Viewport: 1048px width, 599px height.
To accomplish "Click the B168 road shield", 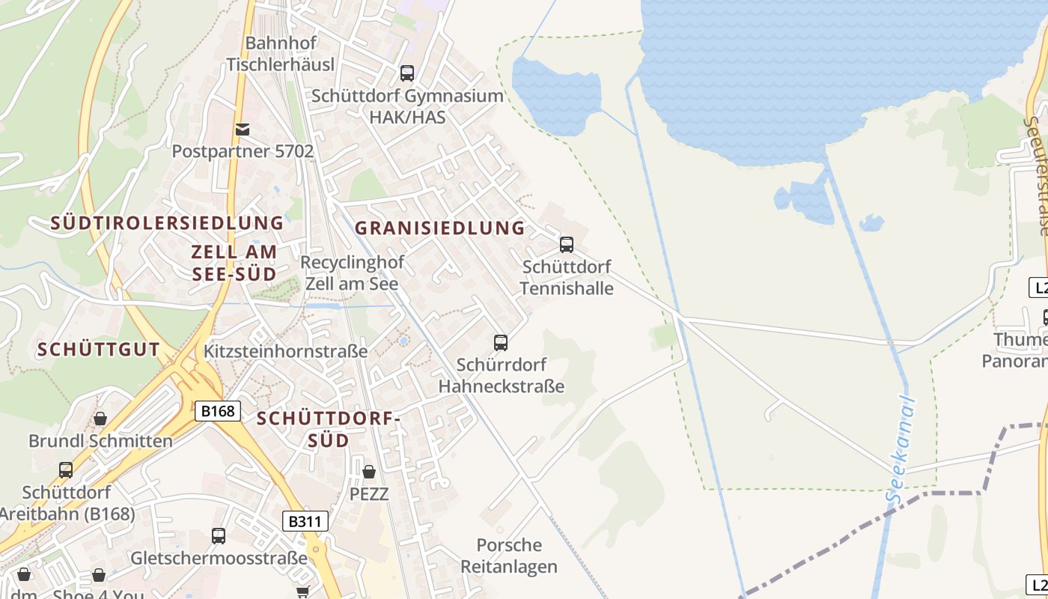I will [218, 410].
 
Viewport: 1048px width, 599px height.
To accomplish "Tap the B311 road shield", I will [305, 521].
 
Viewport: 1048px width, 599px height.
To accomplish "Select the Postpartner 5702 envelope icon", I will [243, 130].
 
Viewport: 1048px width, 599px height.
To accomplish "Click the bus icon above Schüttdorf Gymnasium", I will [407, 73].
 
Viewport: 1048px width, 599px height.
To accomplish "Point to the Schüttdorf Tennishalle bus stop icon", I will [567, 245].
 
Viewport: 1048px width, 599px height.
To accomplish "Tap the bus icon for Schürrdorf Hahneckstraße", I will [501, 343].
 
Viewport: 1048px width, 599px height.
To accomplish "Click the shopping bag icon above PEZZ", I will [369, 472].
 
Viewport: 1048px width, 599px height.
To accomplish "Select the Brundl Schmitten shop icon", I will [100, 419].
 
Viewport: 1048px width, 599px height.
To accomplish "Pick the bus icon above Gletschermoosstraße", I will [219, 536].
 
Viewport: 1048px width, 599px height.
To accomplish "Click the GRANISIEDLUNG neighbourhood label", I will [439, 228].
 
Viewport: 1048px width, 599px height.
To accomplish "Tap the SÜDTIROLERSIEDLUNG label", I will [167, 222].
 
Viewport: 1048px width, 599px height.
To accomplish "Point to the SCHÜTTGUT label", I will [99, 349].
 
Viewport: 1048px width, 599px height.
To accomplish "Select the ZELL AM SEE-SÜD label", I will [234, 263].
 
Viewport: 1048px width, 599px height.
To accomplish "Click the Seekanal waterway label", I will [900, 449].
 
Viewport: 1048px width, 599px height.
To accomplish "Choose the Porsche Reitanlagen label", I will [509, 556].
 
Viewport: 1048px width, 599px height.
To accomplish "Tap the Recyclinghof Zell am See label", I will [352, 273].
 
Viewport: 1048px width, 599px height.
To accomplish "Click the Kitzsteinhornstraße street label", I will [286, 351].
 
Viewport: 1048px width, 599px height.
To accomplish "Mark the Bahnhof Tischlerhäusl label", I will [281, 54].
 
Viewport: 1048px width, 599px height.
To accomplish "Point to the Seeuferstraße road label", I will [1037, 176].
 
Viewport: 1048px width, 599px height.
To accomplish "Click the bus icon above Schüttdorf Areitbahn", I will [66, 470].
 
